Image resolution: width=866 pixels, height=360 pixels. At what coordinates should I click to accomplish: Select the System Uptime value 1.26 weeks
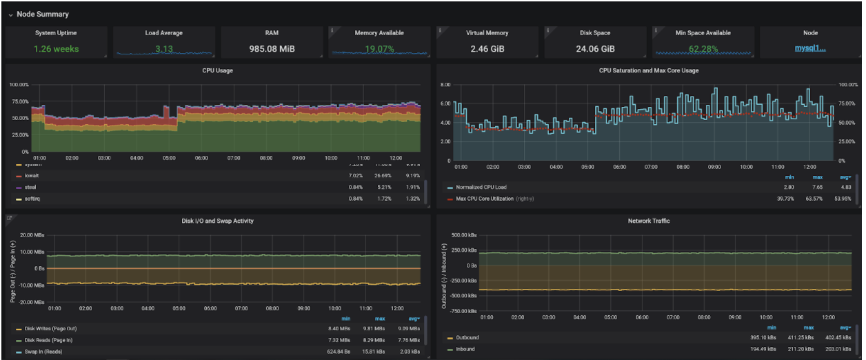pyautogui.click(x=56, y=49)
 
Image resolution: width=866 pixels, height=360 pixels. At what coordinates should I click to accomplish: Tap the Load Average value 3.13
pyautogui.click(x=163, y=49)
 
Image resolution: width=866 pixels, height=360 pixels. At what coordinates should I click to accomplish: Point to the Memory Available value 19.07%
pyautogui.click(x=379, y=49)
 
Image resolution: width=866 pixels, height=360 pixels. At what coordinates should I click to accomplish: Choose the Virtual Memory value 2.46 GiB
pyautogui.click(x=487, y=49)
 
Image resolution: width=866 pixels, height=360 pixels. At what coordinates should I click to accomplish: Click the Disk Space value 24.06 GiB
pyautogui.click(x=595, y=49)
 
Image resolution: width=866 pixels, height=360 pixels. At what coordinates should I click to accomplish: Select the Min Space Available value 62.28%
pyautogui.click(x=703, y=49)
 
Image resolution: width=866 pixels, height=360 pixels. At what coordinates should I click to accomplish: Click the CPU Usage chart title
pyautogui.click(x=217, y=70)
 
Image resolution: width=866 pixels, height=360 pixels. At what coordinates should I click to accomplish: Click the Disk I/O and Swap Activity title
pyautogui.click(x=216, y=221)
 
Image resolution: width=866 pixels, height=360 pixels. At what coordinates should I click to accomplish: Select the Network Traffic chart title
pyautogui.click(x=648, y=221)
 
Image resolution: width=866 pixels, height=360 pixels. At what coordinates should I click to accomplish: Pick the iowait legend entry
pyautogui.click(x=32, y=176)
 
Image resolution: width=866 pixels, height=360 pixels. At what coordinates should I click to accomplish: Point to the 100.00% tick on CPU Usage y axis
pyautogui.click(x=19, y=85)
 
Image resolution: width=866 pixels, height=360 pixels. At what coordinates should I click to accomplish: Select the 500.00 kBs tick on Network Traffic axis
pyautogui.click(x=459, y=235)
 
